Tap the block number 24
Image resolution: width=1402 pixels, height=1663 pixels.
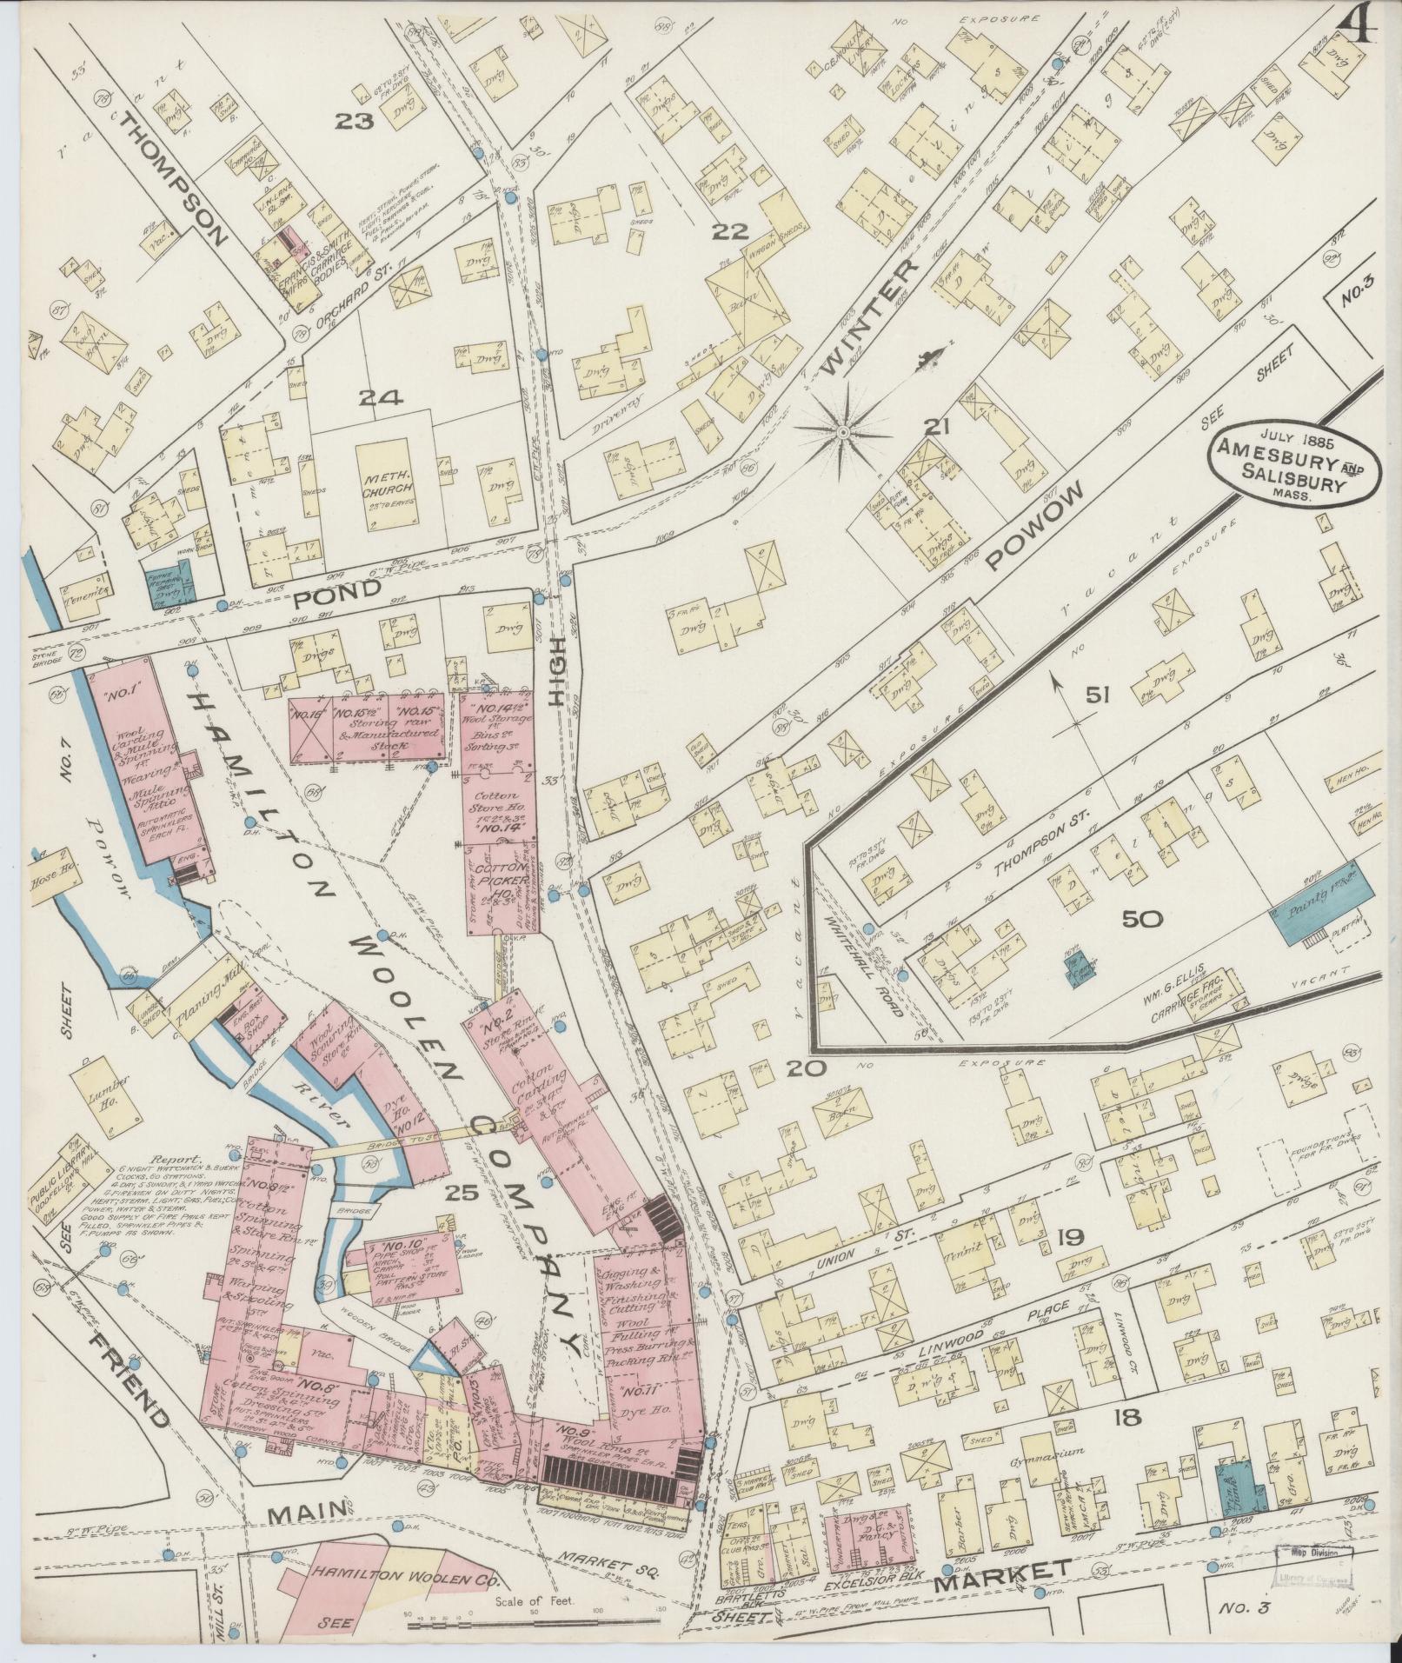tap(381, 398)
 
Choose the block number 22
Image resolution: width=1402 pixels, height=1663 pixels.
tap(730, 231)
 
